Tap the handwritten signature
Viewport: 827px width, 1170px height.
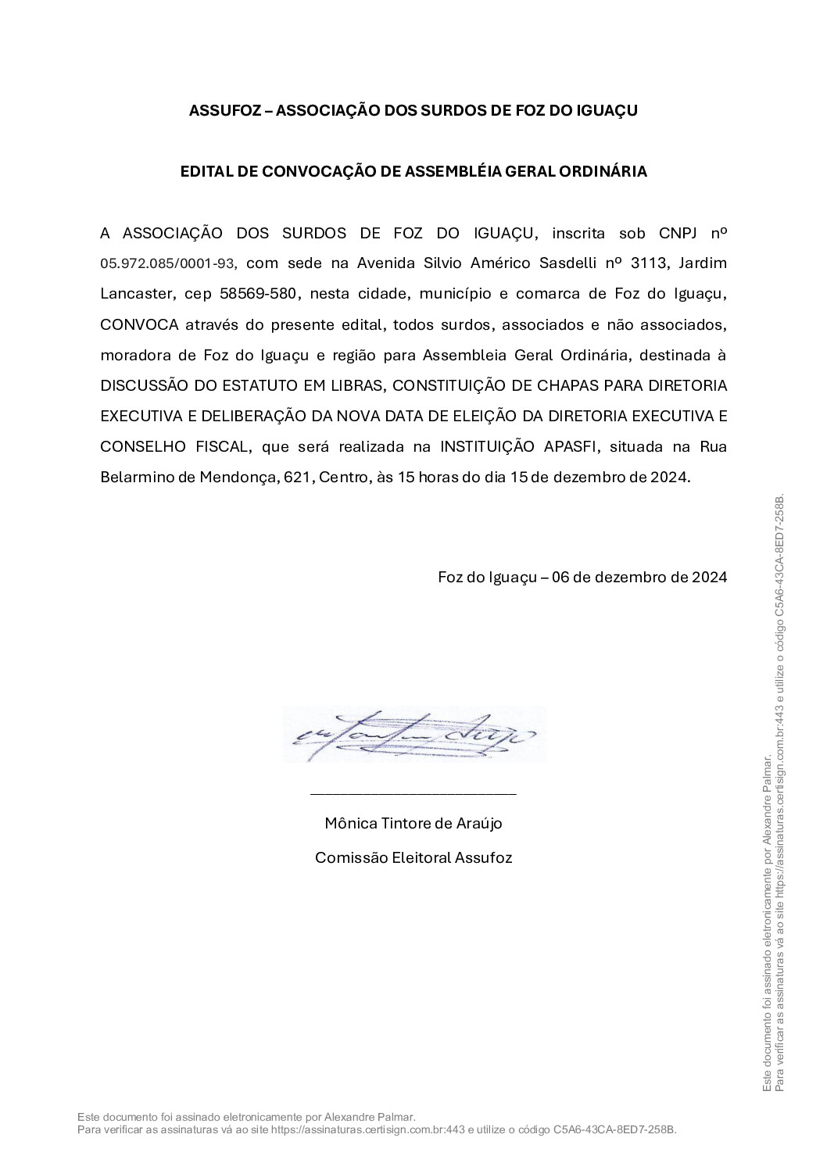[x=413, y=735]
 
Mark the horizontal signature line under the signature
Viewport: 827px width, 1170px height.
[x=413, y=794]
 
